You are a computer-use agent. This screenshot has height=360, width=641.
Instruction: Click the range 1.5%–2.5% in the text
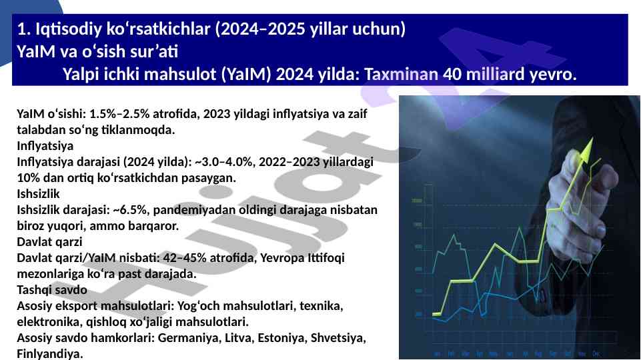[119, 113]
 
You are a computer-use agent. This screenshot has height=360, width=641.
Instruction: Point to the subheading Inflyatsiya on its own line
[45, 146]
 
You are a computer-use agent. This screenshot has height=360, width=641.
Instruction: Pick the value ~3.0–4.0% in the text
[223, 162]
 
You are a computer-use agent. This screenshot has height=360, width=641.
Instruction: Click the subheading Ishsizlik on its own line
[38, 193]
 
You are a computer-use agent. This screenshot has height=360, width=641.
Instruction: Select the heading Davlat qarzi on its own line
[49, 242]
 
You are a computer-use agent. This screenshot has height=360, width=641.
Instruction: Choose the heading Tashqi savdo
[52, 290]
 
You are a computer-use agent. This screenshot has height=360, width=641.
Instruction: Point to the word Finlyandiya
[49, 354]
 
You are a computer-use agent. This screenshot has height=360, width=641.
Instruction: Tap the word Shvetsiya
[338, 338]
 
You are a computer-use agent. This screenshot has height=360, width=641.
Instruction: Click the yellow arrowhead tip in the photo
[592, 139]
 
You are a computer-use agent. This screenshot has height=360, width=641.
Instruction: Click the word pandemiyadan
[196, 210]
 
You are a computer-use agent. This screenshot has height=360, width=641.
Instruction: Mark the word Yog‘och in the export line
[199, 306]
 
